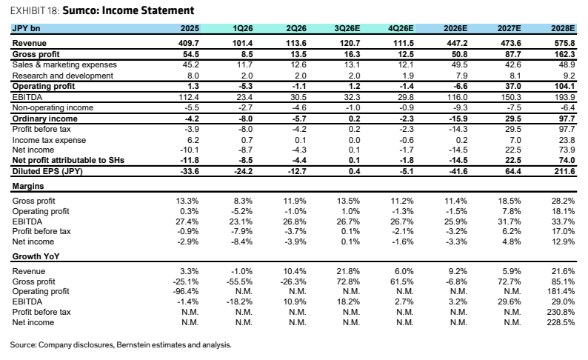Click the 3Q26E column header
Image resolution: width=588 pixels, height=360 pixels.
click(347, 28)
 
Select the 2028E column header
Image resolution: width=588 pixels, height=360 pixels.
click(563, 28)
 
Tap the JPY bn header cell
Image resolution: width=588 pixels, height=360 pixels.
click(26, 28)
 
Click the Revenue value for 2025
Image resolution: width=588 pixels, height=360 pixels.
click(189, 43)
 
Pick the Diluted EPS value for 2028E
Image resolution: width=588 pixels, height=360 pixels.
click(564, 171)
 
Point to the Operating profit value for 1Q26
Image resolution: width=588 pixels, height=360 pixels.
click(245, 86)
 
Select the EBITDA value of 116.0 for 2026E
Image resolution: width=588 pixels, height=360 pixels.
click(457, 97)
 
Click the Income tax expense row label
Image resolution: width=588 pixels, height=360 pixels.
click(49, 140)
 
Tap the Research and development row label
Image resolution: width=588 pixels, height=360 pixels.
click(63, 76)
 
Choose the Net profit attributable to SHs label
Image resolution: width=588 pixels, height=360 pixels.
click(68, 161)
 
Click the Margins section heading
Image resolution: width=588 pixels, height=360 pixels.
click(28, 187)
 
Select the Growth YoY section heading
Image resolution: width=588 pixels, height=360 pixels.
click(36, 256)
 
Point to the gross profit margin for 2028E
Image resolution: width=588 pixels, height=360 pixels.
click(563, 201)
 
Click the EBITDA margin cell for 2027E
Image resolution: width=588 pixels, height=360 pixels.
click(510, 221)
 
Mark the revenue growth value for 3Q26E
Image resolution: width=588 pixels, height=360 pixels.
click(348, 271)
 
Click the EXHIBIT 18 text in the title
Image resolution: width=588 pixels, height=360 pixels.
click(35, 10)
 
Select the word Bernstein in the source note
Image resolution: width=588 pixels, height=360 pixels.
click(133, 345)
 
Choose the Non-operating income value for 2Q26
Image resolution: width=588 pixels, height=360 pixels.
click(299, 108)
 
